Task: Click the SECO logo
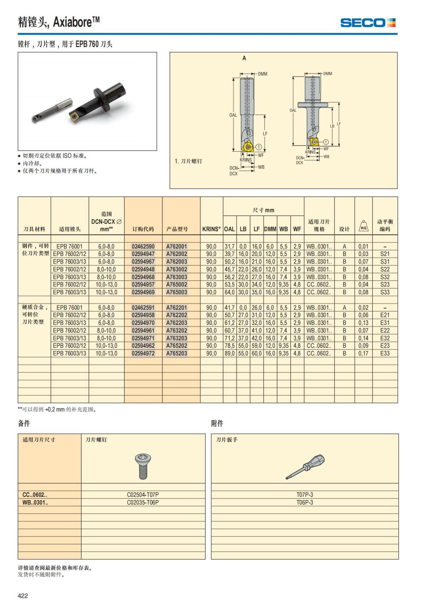(368, 23)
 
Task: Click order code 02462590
(143, 246)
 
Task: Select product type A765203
(177, 354)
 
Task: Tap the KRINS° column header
(212, 229)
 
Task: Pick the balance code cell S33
(384, 292)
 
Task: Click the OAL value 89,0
(229, 354)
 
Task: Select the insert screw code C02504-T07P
(143, 495)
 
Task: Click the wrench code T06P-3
(305, 502)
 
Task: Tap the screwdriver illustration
(305, 466)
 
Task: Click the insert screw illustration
(143, 466)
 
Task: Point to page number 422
(23, 596)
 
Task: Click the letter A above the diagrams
(244, 58)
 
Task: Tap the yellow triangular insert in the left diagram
(247, 147)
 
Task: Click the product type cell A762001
(177, 246)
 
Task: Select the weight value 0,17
(363, 354)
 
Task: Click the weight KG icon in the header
(363, 226)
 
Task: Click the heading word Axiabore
(73, 22)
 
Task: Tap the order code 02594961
(143, 331)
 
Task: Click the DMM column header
(270, 229)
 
